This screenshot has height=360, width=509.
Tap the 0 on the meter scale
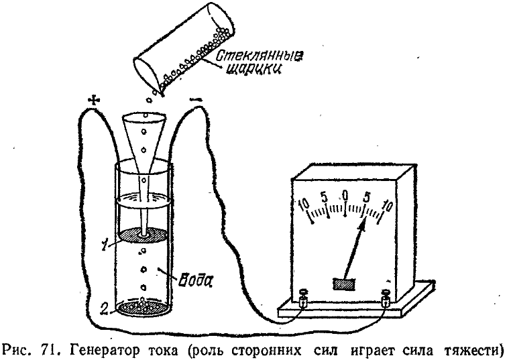[x=345, y=194]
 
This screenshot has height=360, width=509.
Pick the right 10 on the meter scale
[x=387, y=203]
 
